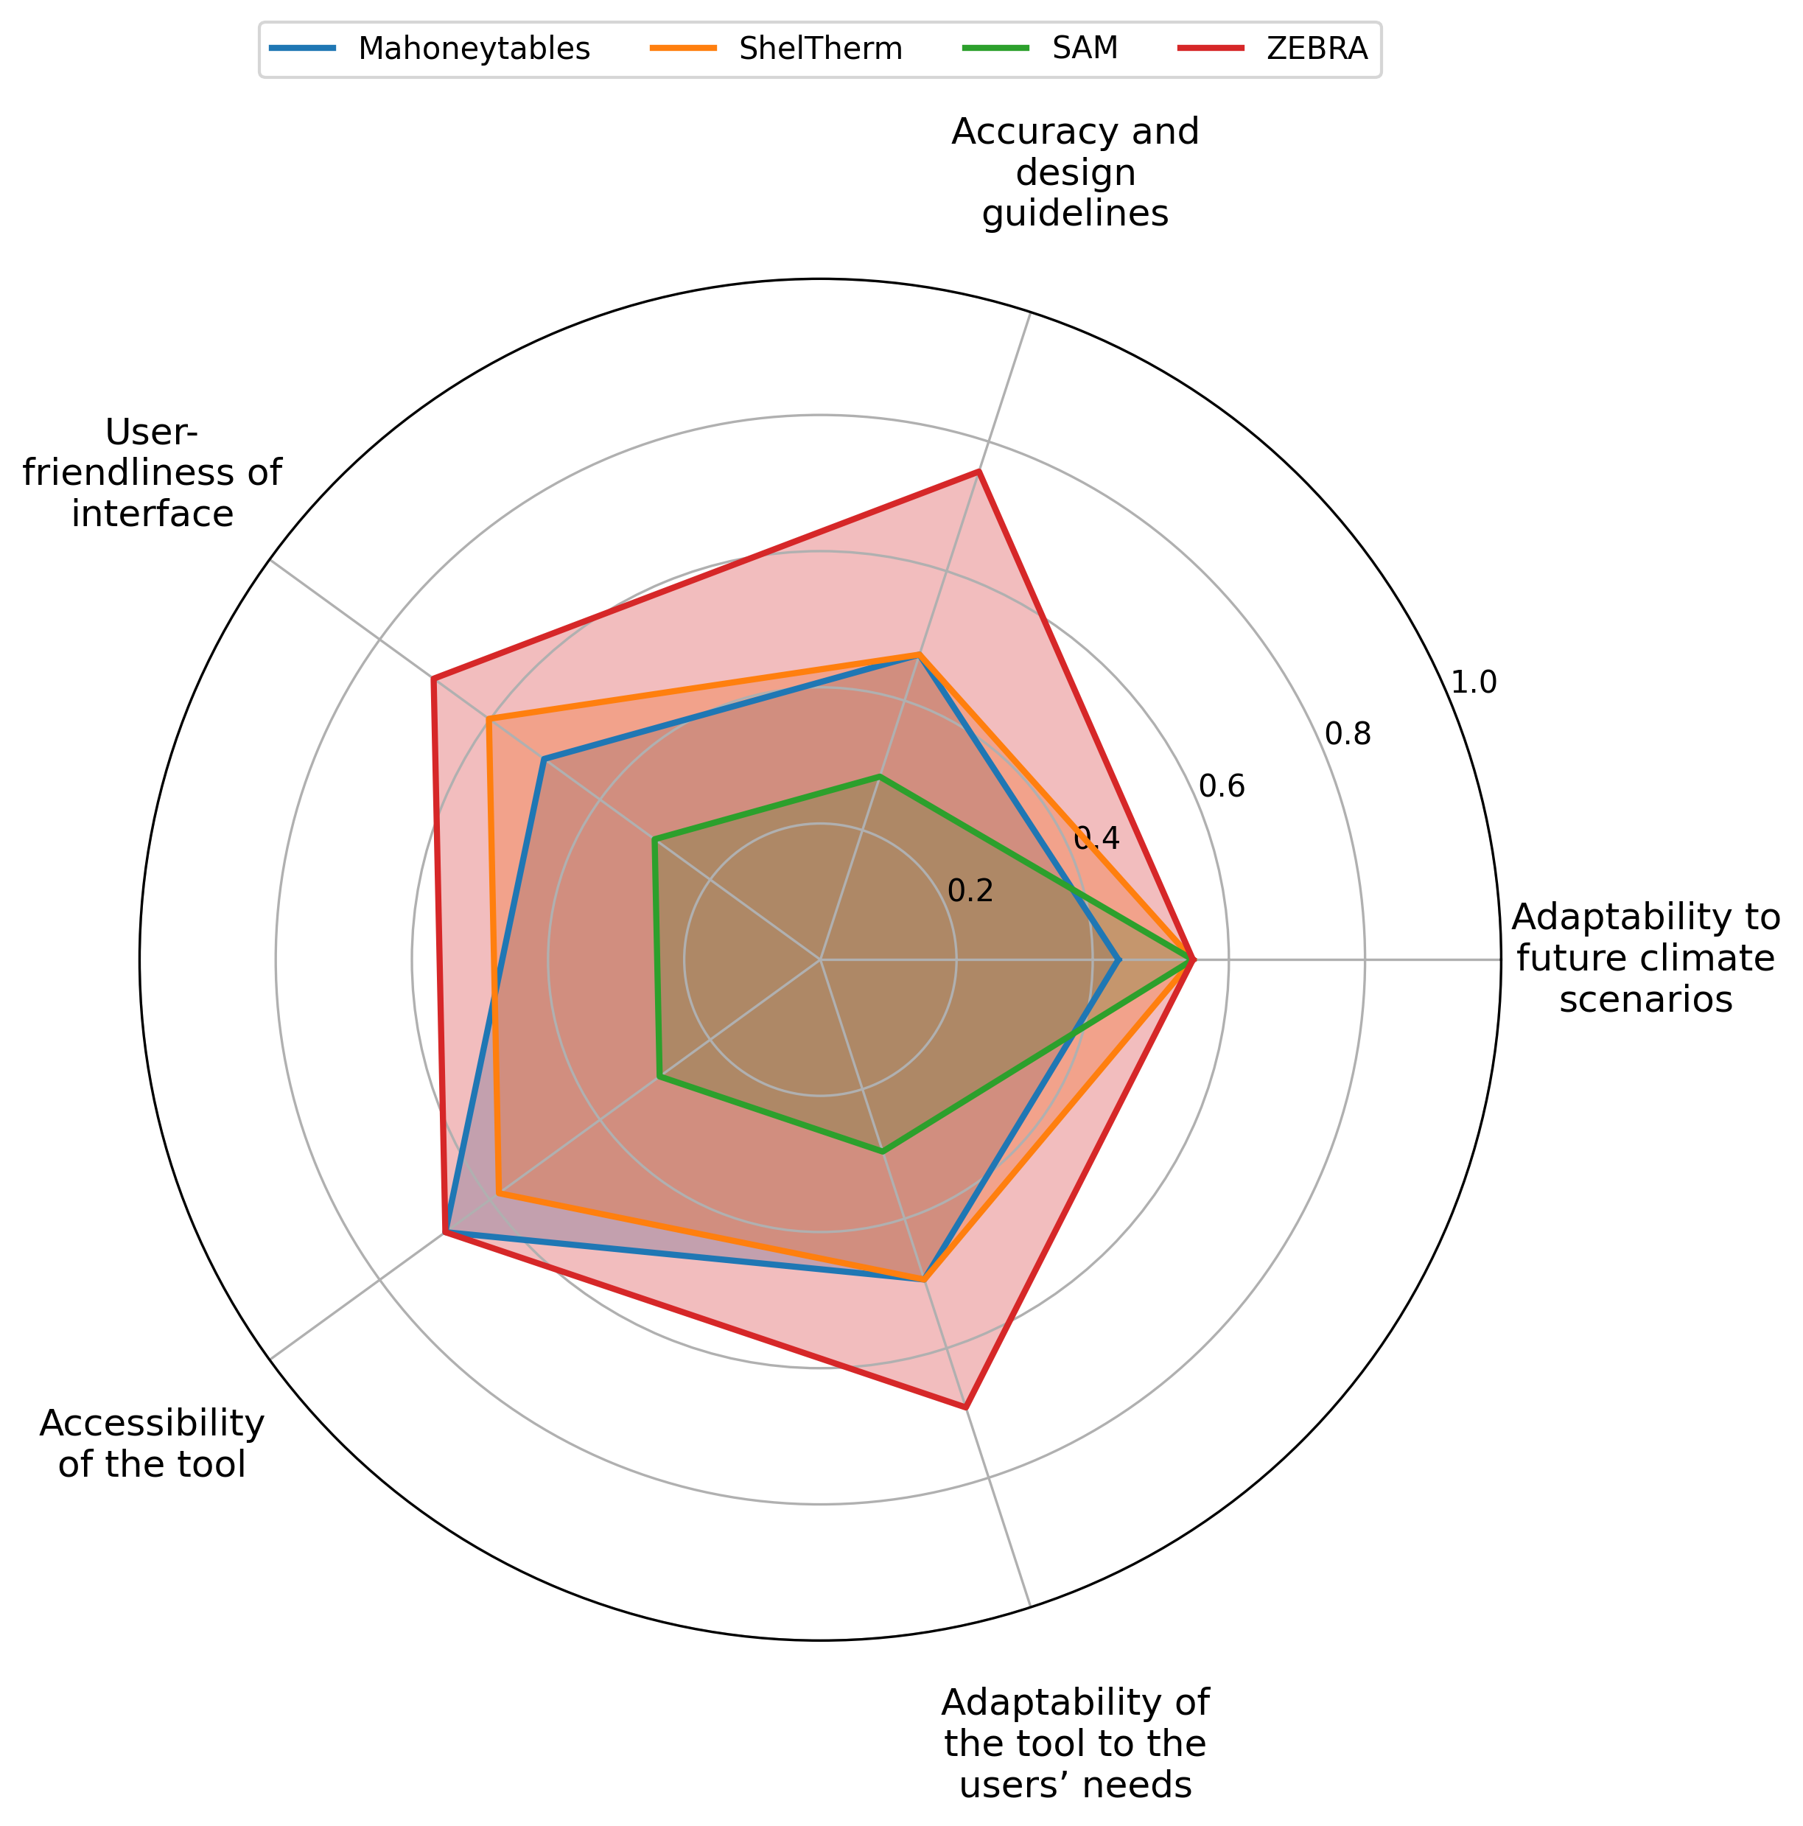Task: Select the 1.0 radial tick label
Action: click(1473, 682)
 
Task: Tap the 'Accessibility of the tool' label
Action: click(152, 1444)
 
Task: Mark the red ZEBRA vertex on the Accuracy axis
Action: click(980, 471)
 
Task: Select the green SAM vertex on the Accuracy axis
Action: click(879, 777)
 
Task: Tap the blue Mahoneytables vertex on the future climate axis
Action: click(1118, 960)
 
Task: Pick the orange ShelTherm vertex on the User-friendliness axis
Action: click(489, 719)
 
